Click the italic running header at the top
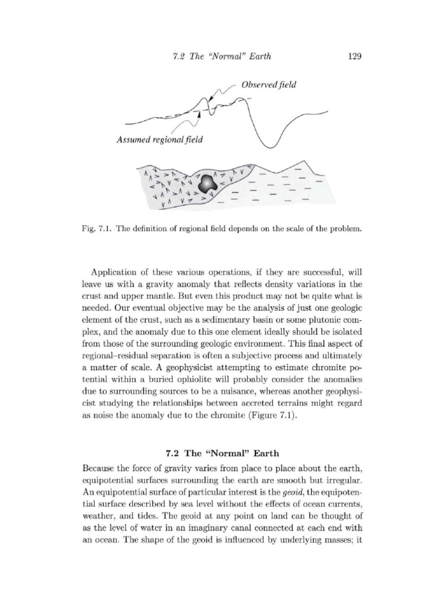click(x=222, y=56)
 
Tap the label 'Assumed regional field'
click(x=159, y=139)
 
